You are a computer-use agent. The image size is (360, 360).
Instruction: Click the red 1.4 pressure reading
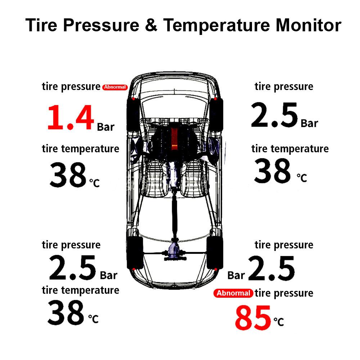(x=70, y=117)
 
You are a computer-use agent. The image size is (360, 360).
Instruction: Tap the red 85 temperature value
(x=253, y=318)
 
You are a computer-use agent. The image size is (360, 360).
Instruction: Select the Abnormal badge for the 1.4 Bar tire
(x=115, y=87)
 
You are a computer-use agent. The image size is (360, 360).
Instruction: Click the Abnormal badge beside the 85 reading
(x=233, y=293)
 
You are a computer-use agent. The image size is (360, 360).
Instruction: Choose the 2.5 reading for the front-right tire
(x=274, y=116)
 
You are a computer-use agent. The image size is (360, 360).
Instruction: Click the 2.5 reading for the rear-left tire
(x=72, y=268)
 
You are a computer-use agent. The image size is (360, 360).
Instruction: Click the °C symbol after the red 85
(x=278, y=321)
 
